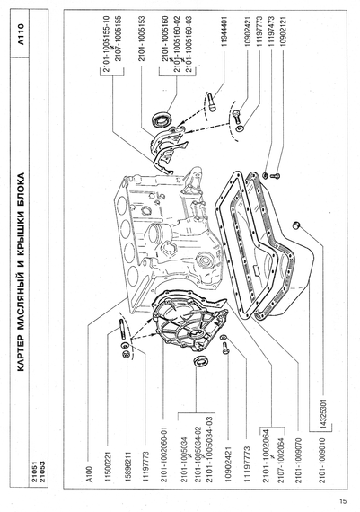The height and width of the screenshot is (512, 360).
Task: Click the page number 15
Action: [343, 501]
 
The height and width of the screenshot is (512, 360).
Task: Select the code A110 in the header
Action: [21, 34]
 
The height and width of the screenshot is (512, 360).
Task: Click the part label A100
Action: [91, 473]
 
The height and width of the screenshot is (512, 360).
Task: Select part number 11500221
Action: [109, 466]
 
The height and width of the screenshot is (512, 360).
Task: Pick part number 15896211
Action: [127, 466]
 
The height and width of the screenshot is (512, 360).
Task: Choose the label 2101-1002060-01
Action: [164, 455]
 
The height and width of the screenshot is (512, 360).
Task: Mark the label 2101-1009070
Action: [298, 461]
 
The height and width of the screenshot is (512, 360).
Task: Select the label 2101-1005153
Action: [141, 39]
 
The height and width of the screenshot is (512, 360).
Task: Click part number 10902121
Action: [283, 31]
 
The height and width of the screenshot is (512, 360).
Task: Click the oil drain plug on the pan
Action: [296, 225]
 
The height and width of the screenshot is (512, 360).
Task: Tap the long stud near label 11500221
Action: [121, 328]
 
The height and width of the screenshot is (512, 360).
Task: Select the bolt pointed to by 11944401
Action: [212, 102]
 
